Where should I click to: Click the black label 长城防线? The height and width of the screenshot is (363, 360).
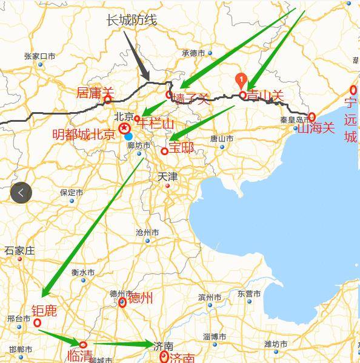[132, 20]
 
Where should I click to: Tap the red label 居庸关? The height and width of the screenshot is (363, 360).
[95, 93]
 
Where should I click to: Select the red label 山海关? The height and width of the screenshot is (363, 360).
[316, 128]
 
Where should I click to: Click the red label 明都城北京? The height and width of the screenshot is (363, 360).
[84, 135]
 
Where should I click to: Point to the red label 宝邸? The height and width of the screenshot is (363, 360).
[181, 147]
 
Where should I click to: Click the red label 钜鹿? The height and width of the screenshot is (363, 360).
[44, 311]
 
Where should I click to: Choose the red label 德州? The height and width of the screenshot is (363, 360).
[140, 298]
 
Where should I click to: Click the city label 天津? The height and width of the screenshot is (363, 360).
[167, 177]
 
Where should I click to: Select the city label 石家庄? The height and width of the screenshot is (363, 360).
[20, 250]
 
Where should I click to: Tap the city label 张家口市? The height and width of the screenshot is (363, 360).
[40, 56]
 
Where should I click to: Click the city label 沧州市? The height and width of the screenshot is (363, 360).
[147, 233]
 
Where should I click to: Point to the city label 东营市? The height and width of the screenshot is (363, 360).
[249, 294]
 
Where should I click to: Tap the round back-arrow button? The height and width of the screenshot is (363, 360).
[21, 193]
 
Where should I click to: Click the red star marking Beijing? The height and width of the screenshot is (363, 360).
[124, 128]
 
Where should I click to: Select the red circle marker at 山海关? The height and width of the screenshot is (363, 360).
[312, 116]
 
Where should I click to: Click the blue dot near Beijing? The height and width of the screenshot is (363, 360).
[128, 136]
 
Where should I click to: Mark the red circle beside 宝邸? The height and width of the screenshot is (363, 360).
[164, 151]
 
